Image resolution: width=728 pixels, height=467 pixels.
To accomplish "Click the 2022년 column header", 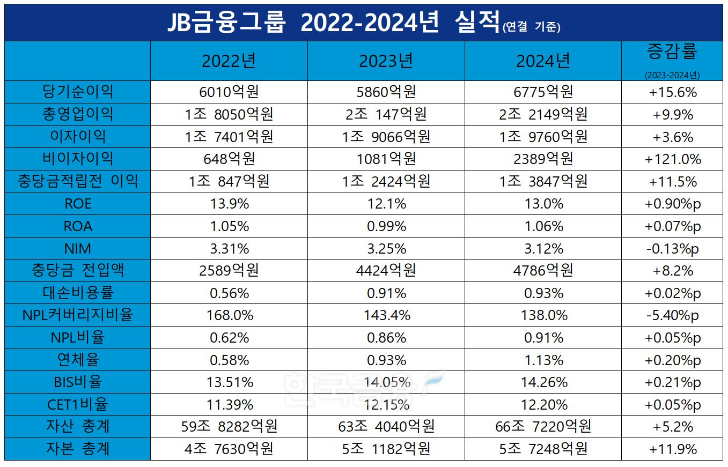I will (x=229, y=62).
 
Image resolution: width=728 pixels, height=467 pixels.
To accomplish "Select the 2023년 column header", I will (x=386, y=62).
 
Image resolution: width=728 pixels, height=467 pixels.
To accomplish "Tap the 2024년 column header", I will (x=543, y=62).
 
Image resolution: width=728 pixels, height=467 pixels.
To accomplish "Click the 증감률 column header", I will (x=672, y=54).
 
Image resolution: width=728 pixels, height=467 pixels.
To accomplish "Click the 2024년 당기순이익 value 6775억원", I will (x=543, y=92).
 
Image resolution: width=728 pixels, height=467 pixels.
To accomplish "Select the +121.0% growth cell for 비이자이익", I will (x=672, y=159).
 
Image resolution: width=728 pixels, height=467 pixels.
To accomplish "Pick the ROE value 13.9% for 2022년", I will (x=229, y=204).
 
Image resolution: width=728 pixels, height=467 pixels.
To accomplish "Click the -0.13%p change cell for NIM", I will (x=672, y=249).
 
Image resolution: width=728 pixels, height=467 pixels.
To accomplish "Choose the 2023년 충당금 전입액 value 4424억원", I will (x=386, y=271).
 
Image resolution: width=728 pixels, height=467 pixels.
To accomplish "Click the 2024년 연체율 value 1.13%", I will (x=543, y=360).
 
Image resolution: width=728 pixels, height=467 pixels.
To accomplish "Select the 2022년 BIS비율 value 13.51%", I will (x=229, y=382).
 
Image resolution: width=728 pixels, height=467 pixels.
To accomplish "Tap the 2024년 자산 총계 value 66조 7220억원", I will (x=543, y=427).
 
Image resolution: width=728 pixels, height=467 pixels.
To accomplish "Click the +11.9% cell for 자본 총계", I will (x=672, y=449).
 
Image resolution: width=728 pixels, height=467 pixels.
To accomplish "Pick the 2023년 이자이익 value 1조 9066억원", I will (x=386, y=137).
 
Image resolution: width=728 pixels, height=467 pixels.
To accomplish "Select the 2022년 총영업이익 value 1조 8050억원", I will (x=229, y=114).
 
